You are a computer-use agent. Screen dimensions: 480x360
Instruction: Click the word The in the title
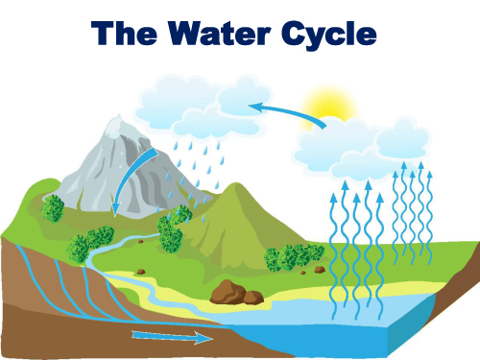click(x=124, y=33)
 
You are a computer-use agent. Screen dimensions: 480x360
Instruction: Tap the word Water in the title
click(x=219, y=33)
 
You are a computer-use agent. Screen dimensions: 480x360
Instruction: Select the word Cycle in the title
click(x=329, y=36)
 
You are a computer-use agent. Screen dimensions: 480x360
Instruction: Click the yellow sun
click(x=329, y=104)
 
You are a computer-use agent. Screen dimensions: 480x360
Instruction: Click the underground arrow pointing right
click(x=172, y=337)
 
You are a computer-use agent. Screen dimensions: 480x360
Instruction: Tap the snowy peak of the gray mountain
click(x=117, y=127)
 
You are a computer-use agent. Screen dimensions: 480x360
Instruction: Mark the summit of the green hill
click(x=237, y=184)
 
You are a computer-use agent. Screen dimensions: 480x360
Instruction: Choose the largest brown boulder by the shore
click(x=228, y=292)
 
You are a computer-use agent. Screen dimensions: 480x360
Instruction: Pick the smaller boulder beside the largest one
click(x=253, y=298)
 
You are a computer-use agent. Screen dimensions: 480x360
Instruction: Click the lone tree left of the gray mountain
click(x=53, y=208)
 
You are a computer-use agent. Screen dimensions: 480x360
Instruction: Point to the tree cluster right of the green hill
click(x=295, y=257)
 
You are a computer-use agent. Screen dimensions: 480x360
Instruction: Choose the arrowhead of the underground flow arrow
click(x=204, y=338)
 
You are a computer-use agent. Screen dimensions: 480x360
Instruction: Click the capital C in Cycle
click(x=293, y=33)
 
